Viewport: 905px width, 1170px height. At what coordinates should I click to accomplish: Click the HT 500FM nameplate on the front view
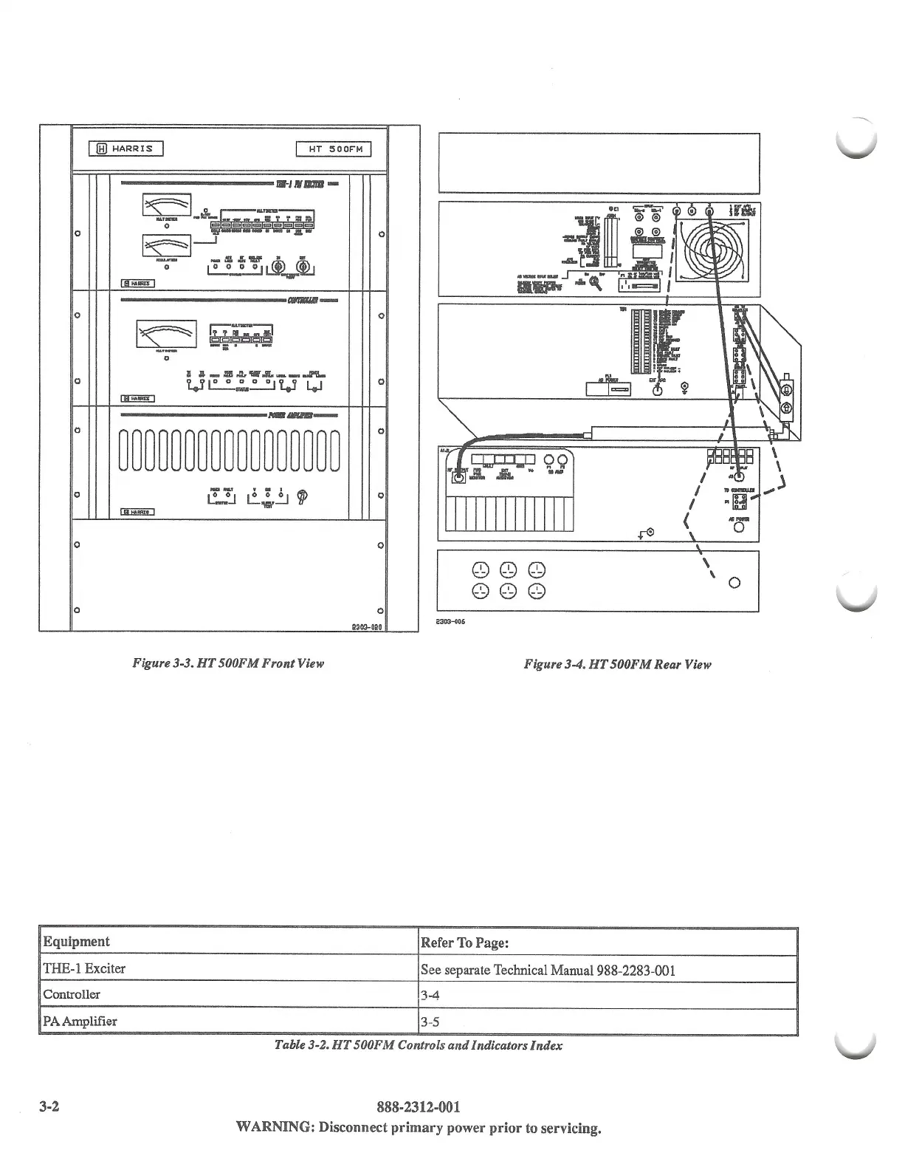[333, 150]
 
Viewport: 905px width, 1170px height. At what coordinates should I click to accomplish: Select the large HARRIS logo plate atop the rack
[125, 149]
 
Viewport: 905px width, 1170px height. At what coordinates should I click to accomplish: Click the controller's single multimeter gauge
[166, 335]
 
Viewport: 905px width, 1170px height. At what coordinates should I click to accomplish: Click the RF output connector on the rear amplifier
[458, 478]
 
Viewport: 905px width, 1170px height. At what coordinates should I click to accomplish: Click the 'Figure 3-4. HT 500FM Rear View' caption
[617, 664]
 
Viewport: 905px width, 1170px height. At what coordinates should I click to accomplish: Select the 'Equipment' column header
[76, 942]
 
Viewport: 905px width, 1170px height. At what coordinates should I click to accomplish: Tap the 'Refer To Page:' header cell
[464, 943]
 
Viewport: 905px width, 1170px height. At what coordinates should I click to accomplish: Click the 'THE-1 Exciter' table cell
[84, 968]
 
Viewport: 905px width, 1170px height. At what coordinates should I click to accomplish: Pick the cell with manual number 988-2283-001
[547, 970]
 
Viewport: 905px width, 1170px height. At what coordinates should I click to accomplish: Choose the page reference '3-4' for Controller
[430, 995]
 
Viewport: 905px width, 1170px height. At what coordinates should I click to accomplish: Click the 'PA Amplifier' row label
[80, 1022]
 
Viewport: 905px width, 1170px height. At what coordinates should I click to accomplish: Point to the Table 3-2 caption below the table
[418, 1045]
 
